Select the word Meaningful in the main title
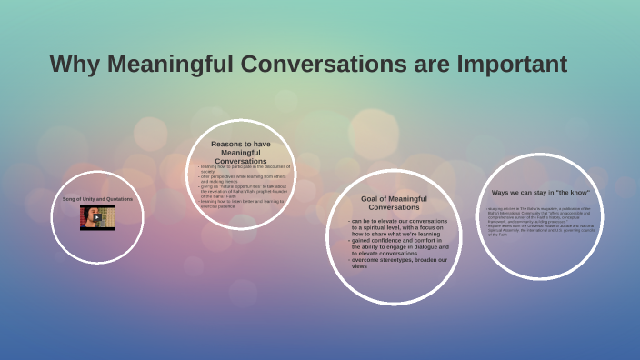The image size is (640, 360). (174, 65)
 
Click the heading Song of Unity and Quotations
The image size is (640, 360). (96, 198)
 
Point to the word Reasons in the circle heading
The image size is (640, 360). (227, 144)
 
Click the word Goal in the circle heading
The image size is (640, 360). (370, 198)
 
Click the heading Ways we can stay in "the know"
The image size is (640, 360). (540, 192)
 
